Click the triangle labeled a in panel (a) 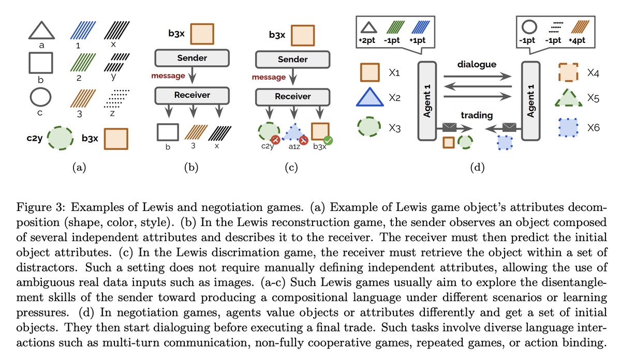click(41, 31)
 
